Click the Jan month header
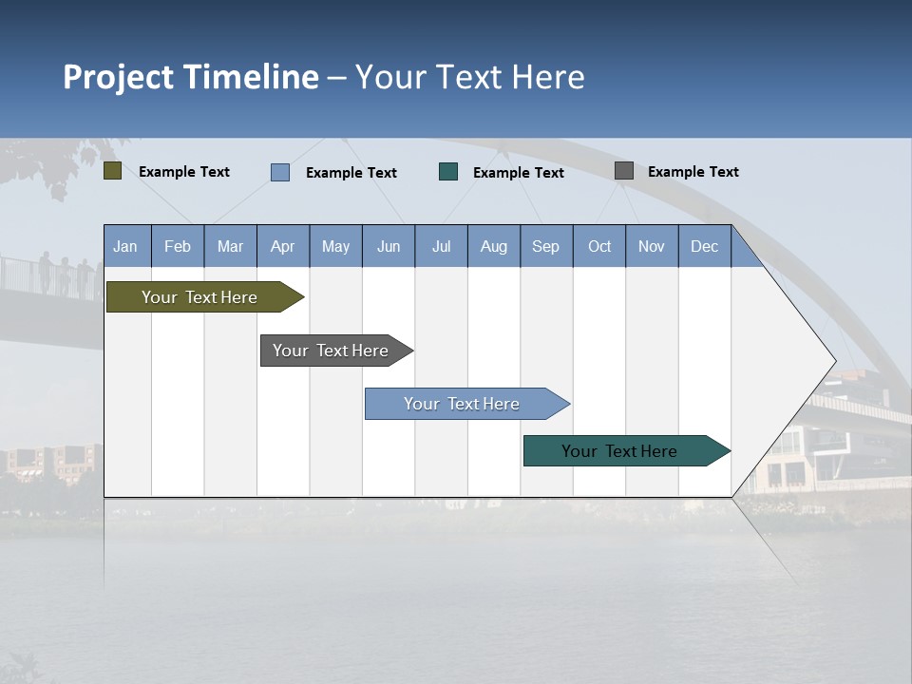125,246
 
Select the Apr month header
283,246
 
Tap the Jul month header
441,246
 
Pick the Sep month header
546,246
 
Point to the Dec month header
704,246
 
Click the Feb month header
178,246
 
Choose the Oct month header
599,246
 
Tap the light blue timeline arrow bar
463,404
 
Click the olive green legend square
113,171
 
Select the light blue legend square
280,172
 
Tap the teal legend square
448,171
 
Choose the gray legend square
624,170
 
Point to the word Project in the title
118,77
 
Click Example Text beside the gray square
693,171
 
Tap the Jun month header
389,246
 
